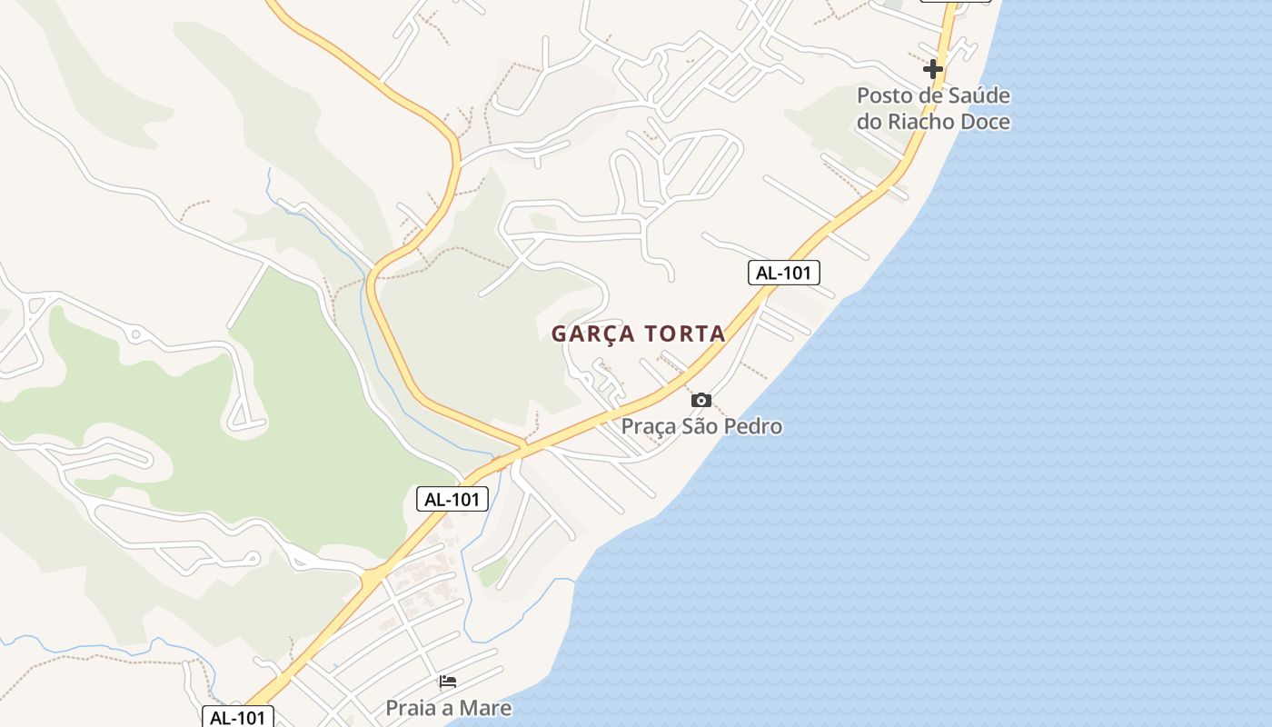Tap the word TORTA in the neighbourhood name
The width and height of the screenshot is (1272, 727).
[x=686, y=334]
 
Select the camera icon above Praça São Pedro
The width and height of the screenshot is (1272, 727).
[x=701, y=400]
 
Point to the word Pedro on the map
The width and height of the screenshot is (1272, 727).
[x=753, y=425]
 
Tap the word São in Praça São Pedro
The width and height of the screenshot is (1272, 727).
[x=701, y=425]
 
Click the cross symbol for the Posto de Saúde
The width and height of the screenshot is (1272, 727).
[x=932, y=68]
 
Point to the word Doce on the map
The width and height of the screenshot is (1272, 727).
[x=985, y=121]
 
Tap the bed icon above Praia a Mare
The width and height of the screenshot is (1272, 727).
[x=448, y=682]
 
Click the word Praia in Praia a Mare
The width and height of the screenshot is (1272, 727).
[x=410, y=708]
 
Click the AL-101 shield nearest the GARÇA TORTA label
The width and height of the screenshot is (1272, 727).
[x=783, y=272]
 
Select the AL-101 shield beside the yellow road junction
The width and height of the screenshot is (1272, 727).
[x=452, y=498]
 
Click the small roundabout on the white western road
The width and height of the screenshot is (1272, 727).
[x=135, y=335]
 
